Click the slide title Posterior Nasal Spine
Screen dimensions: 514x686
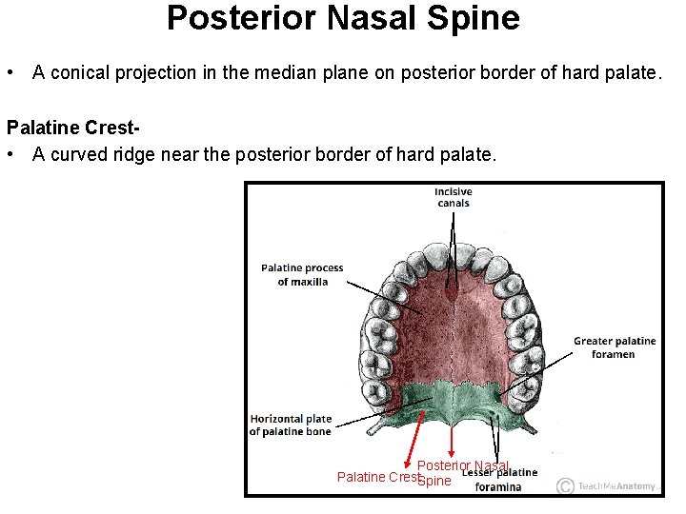tap(343, 19)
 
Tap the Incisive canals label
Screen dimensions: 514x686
tap(454, 197)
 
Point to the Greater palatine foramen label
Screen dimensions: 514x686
tap(614, 347)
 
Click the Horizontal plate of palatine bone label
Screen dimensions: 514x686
tap(291, 425)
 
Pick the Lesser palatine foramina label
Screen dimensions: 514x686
tap(499, 480)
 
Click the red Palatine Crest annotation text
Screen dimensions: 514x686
tap(378, 477)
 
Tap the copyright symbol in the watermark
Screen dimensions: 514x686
tap(566, 485)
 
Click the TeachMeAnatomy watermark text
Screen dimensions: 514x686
tap(618, 486)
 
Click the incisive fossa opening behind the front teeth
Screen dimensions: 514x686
tap(453, 284)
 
